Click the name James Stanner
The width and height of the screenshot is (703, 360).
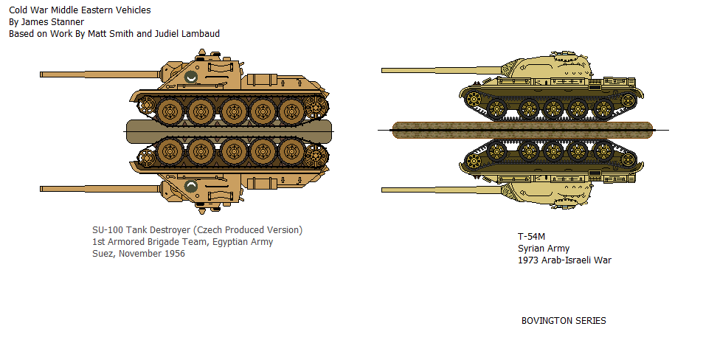(x=52, y=22)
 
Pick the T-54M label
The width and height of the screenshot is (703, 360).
(x=531, y=237)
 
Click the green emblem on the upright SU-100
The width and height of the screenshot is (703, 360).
(x=191, y=77)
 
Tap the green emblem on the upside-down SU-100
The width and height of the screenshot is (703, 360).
(x=191, y=186)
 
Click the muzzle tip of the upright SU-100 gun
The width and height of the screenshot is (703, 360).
(x=41, y=75)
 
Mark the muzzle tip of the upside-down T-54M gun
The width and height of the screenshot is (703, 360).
(x=382, y=190)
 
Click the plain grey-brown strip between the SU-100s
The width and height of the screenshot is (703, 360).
(x=229, y=132)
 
